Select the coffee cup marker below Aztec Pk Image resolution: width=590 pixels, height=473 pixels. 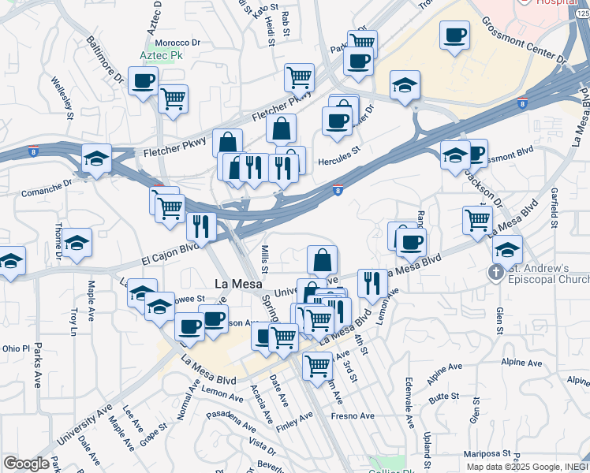pyautogui.click(x=143, y=81)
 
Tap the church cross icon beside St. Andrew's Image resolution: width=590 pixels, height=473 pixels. pyautogui.click(x=495, y=273)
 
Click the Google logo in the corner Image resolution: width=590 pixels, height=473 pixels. pyautogui.click(x=26, y=464)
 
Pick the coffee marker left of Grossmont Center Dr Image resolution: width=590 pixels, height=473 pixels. pyautogui.click(x=454, y=35)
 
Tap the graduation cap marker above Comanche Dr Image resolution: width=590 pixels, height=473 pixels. pyautogui.click(x=96, y=158)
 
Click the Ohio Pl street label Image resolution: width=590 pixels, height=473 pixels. pyautogui.click(x=15, y=348)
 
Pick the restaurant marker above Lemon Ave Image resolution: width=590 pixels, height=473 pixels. pyautogui.click(x=372, y=283)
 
